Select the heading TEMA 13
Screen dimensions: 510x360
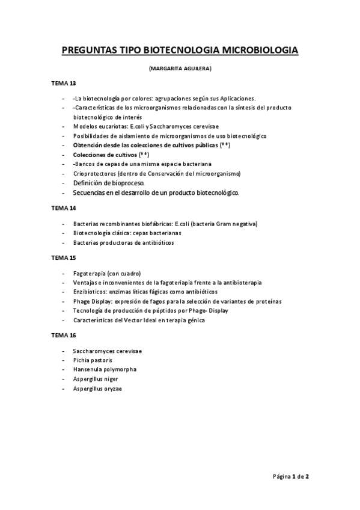point(64,84)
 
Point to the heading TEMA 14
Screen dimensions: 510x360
point(64,208)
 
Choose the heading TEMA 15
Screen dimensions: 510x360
point(64,257)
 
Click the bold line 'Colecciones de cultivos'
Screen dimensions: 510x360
point(105,155)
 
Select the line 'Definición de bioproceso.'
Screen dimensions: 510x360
point(109,182)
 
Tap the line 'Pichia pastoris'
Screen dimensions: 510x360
point(93,360)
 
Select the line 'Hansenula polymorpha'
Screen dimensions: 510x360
point(105,369)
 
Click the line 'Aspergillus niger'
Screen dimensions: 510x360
point(96,379)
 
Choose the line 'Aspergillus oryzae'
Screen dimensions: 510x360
point(97,389)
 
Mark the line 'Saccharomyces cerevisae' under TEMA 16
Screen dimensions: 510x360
point(108,351)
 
